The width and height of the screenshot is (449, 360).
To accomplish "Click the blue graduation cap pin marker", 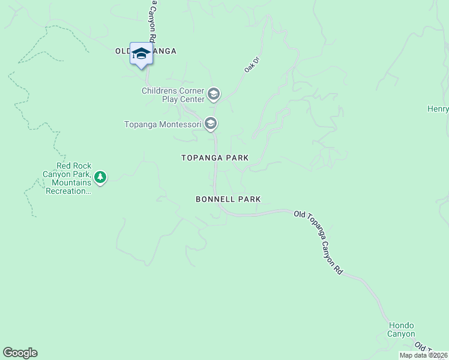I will coord(142,54).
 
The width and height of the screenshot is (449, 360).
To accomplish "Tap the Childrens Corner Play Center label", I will coord(173,95).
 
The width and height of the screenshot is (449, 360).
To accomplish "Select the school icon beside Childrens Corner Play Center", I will coord(213,94).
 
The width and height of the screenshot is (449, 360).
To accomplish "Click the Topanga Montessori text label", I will coord(163,125).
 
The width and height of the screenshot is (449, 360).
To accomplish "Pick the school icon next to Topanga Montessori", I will coord(210,124).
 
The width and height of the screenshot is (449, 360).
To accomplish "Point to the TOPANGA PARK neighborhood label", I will coord(215,158).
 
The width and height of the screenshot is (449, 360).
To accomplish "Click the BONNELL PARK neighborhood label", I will coord(228,199).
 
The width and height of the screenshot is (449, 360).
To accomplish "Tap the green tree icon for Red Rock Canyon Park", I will coord(100,177).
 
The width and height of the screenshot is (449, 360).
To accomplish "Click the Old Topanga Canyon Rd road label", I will coord(318,242).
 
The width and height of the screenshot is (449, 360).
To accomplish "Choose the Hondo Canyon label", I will coord(400,329).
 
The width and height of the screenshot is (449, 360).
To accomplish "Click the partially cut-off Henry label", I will coord(438,109).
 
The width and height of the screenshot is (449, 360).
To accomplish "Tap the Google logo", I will coord(20,353).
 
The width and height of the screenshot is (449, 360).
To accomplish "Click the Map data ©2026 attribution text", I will coord(423,355).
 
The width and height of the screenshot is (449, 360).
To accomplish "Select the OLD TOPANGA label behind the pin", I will coord(146,52).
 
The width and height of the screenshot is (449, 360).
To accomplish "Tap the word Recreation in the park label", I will coord(67,191).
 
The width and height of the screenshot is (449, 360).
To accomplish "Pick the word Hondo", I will coord(402,325).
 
